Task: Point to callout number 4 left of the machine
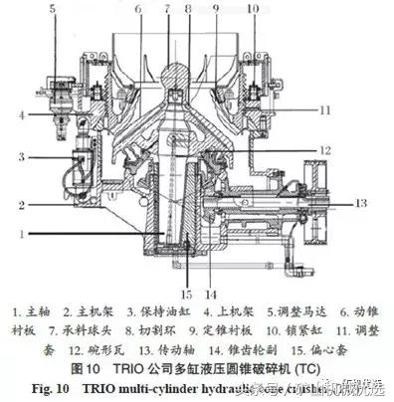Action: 19,114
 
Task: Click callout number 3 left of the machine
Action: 19,157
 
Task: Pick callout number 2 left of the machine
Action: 19,205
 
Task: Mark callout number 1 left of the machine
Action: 19,236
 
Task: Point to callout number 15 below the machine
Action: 185,295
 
